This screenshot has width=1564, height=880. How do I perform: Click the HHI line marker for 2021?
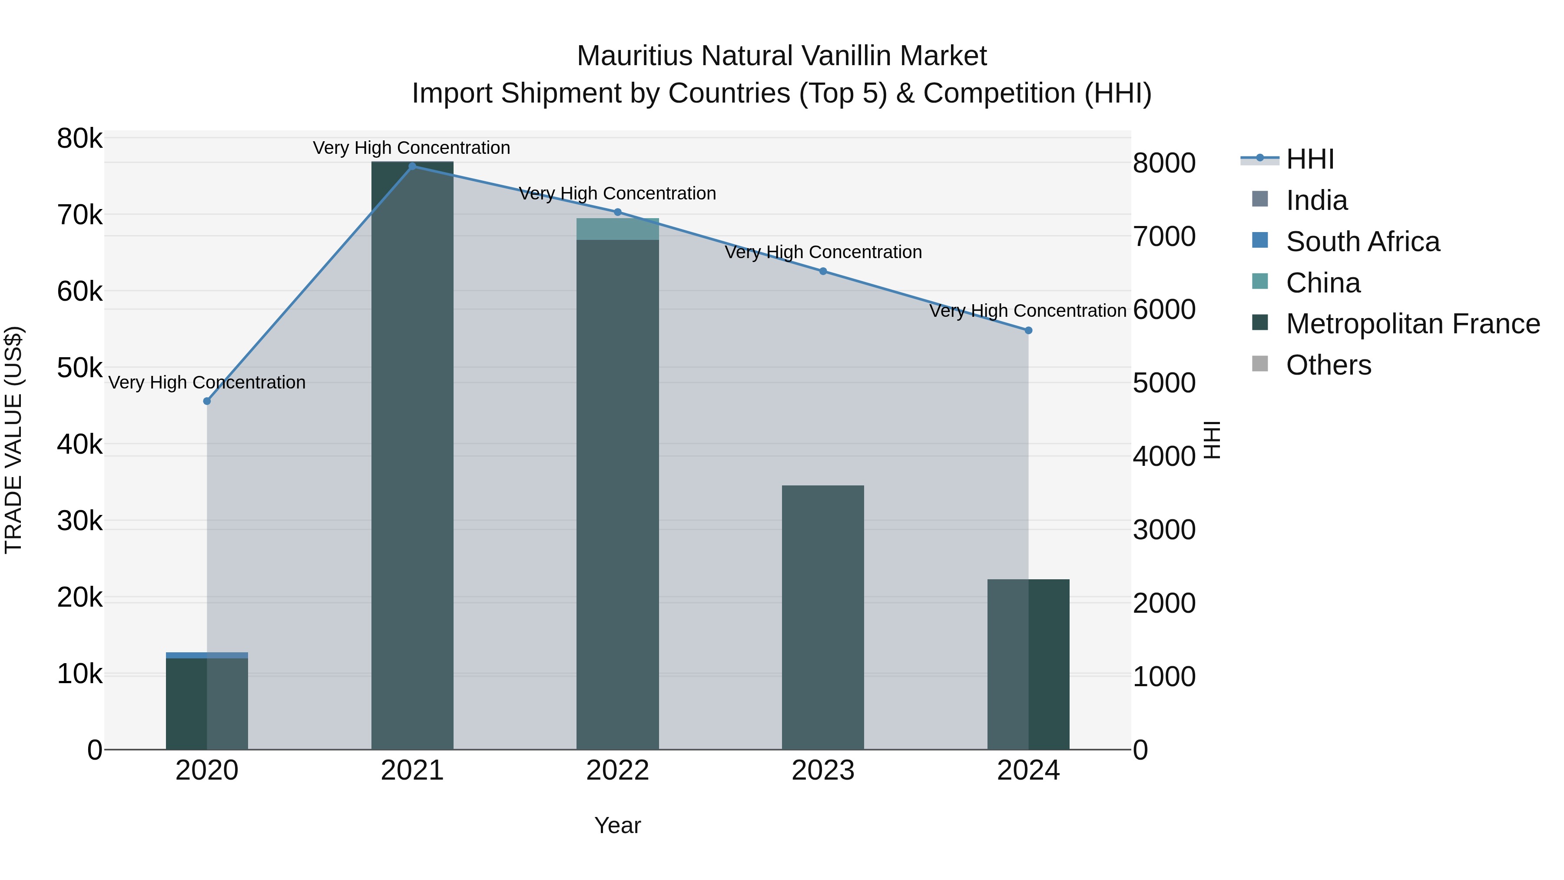pos(412,166)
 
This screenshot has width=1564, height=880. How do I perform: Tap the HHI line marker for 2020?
pos(207,401)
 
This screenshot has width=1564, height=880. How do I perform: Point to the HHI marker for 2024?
pos(1028,330)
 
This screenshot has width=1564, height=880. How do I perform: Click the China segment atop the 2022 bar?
pos(617,229)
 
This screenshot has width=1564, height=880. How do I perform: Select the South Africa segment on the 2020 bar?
pos(207,655)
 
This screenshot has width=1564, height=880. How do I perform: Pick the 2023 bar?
pos(823,616)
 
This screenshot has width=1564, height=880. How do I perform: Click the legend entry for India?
pos(1316,200)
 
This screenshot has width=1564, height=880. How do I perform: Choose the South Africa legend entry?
pos(1362,242)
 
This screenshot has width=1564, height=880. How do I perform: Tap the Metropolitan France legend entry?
pos(1412,324)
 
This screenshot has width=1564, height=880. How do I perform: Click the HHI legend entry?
pos(1309,159)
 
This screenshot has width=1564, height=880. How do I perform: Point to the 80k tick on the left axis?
pos(80,139)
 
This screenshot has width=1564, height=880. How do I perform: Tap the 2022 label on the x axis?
pos(617,770)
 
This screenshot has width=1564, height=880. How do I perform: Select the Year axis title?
pos(617,825)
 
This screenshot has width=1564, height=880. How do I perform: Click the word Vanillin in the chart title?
pos(846,56)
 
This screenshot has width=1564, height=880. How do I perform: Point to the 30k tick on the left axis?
pos(80,521)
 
